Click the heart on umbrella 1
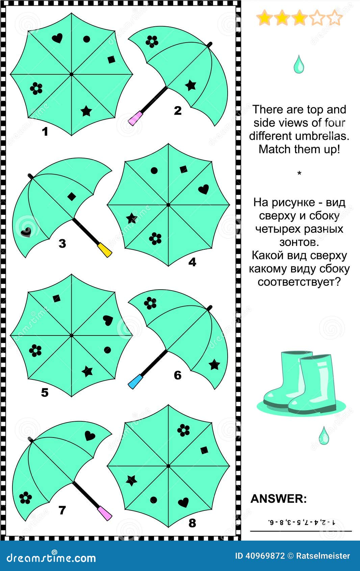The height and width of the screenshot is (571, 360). tap(57, 38)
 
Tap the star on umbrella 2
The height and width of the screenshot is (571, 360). tap(191, 85)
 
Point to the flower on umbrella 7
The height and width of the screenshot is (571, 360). tap(25, 497)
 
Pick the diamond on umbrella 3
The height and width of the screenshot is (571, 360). tap(72, 196)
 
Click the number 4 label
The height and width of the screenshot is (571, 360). tap(192, 262)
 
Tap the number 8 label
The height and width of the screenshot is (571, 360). tap(192, 523)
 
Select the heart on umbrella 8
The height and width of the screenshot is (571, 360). tap(183, 502)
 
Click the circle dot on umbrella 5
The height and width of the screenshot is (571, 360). tap(107, 350)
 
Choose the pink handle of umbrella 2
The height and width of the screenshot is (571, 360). tap(134, 119)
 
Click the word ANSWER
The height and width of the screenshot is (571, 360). tap(279, 499)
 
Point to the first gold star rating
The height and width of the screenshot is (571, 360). tap(264, 18)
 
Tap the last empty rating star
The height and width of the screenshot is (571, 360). tap(335, 18)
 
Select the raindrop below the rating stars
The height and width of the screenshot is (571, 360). tap(299, 65)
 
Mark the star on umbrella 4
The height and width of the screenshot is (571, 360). tap(131, 218)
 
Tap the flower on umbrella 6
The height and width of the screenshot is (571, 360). tap(150, 303)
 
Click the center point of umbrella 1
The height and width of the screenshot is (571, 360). tap(72, 74)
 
